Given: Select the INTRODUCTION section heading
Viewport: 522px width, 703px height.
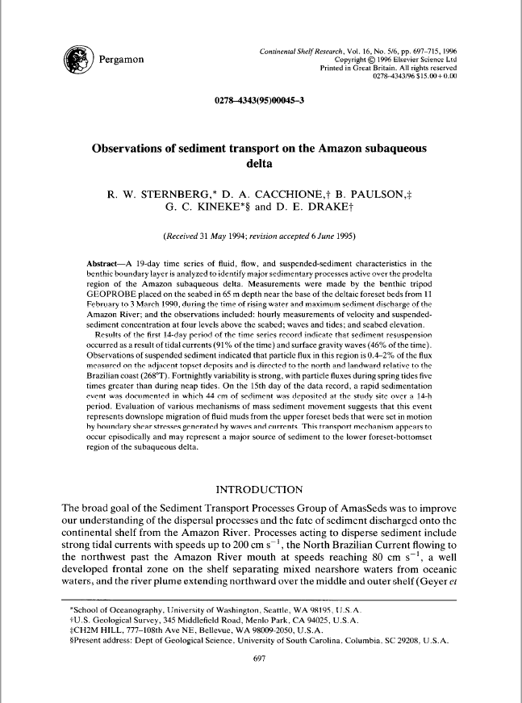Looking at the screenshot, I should (x=260, y=489).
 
